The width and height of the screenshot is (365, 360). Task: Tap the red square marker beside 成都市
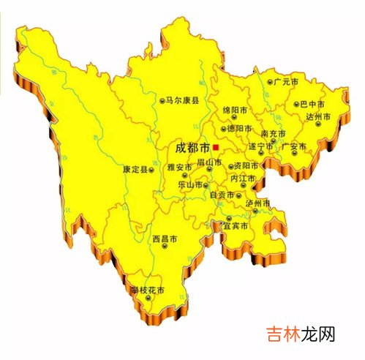[215, 146]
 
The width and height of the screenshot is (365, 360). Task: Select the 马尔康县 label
[182, 98]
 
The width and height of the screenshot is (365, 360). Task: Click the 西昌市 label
[165, 238]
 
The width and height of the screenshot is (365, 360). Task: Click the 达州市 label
[318, 116]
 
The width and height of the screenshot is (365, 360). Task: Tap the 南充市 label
[276, 134]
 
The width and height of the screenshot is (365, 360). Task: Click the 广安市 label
[295, 146]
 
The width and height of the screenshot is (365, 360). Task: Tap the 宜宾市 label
[236, 226]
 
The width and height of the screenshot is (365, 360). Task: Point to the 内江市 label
[243, 178]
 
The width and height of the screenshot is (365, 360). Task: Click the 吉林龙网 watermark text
[301, 334]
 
